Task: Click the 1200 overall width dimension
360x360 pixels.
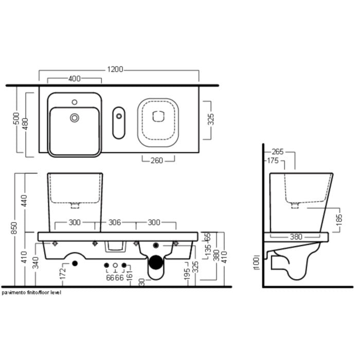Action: [115, 69]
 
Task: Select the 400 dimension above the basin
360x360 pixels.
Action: [75, 79]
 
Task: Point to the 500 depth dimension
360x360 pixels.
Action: [16, 118]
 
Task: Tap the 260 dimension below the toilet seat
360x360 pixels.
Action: [157, 160]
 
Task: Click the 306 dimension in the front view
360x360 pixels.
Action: [115, 222]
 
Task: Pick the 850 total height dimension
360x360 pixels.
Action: [14, 228]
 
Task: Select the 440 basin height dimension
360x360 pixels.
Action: [24, 201]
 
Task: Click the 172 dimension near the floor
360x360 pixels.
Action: [63, 274]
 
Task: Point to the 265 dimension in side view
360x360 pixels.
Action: [278, 152]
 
